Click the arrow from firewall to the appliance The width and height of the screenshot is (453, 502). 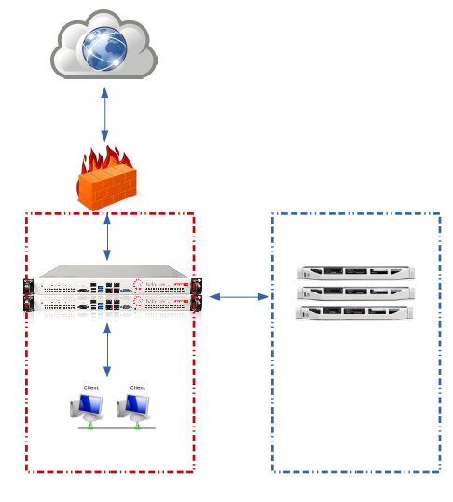click(x=107, y=237)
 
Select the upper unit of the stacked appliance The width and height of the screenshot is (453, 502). click(x=112, y=285)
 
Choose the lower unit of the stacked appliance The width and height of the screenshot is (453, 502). click(x=112, y=304)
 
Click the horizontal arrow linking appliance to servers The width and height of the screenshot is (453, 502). click(x=239, y=297)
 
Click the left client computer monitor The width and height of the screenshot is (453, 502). click(x=89, y=404)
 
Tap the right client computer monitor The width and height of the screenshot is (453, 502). click(x=137, y=404)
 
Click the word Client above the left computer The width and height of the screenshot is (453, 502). click(x=90, y=387)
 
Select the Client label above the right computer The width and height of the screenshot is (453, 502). click(x=138, y=387)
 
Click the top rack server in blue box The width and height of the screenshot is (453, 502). click(x=354, y=273)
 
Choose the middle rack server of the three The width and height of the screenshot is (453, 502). click(x=354, y=292)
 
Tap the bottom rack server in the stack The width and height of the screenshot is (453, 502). click(x=354, y=312)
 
